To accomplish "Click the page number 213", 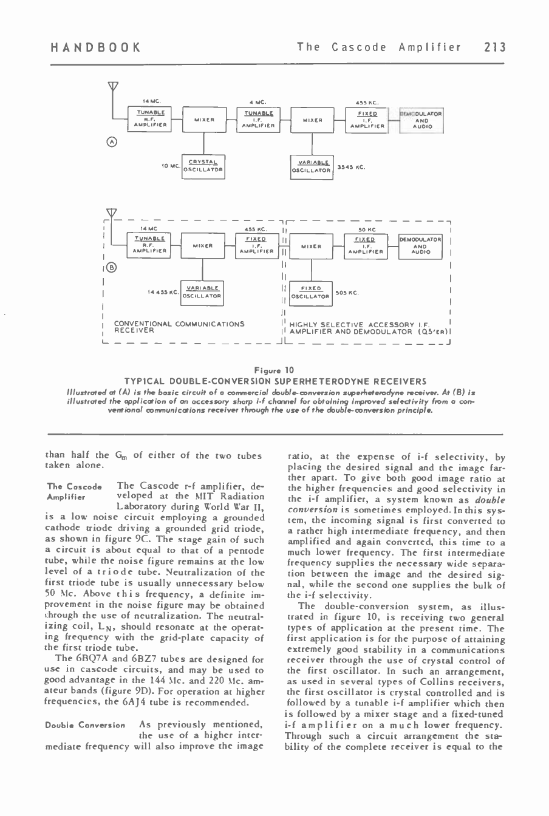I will (494, 47).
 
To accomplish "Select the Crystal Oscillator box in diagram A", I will (204, 165).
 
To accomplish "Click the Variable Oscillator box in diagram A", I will (312, 165).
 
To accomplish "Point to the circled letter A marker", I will (111, 143).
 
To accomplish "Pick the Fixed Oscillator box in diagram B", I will (310, 293).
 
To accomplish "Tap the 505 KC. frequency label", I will (347, 293).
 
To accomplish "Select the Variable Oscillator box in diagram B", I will (203, 292).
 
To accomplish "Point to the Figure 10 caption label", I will (274, 370).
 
